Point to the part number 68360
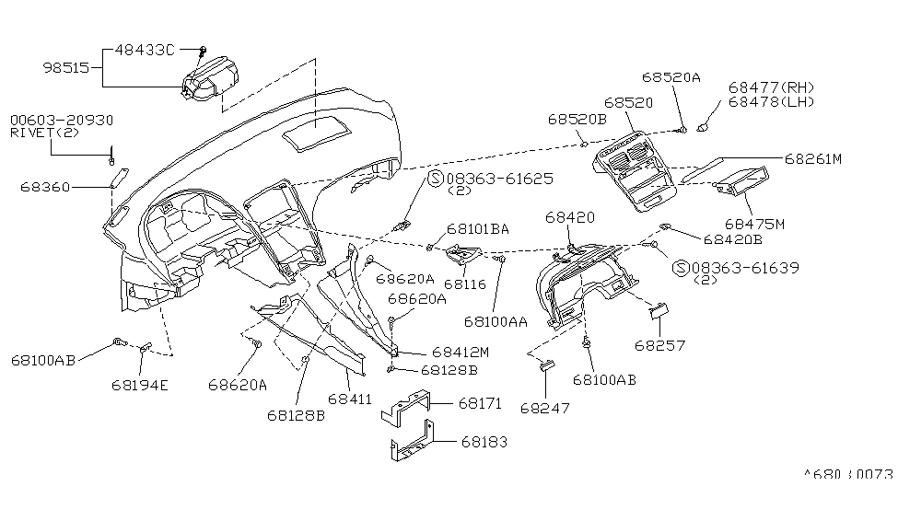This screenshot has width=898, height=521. point(43,187)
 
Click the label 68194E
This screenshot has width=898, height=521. point(140,384)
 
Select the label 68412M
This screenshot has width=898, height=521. point(460,353)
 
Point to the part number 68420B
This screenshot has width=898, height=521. point(732,239)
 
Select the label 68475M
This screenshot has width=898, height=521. point(754,224)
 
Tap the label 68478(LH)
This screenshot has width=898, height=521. point(771,101)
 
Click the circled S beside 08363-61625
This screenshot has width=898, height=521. point(435,178)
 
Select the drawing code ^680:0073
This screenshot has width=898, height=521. point(849,476)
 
